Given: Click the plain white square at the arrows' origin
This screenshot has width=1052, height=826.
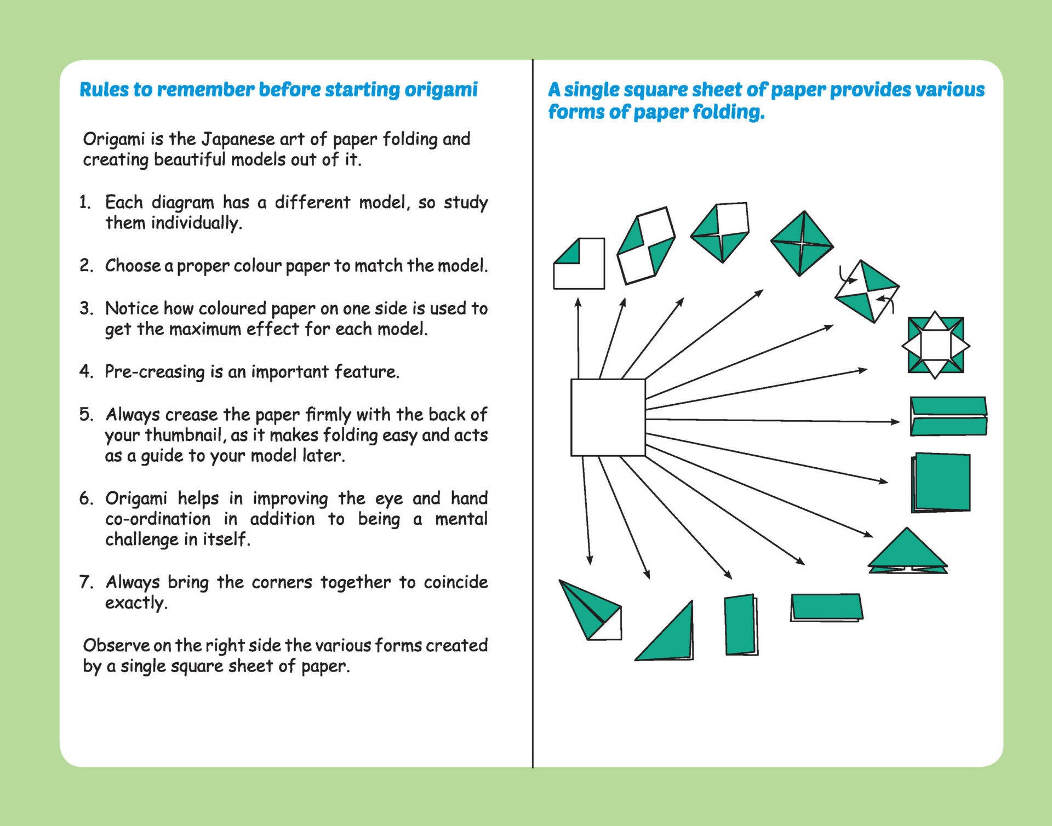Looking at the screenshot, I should coord(608,417).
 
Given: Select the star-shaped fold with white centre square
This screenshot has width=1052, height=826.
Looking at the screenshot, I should coord(935,345).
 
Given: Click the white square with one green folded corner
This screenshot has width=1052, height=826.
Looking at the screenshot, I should coord(579,264).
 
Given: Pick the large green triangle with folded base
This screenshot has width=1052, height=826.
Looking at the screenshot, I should coord(907,551).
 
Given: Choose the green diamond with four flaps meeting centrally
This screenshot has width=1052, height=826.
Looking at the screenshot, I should coord(802,243).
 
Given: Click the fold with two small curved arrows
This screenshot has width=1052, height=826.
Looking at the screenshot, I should coord(867,291).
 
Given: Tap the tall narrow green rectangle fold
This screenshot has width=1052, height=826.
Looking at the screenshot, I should coord(741,624).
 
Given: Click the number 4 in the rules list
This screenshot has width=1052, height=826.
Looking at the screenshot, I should coord(85,371).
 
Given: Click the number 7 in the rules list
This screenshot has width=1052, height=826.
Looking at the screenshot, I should coord(85,582).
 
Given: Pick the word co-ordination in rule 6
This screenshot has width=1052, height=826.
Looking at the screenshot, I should coord(158,519).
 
